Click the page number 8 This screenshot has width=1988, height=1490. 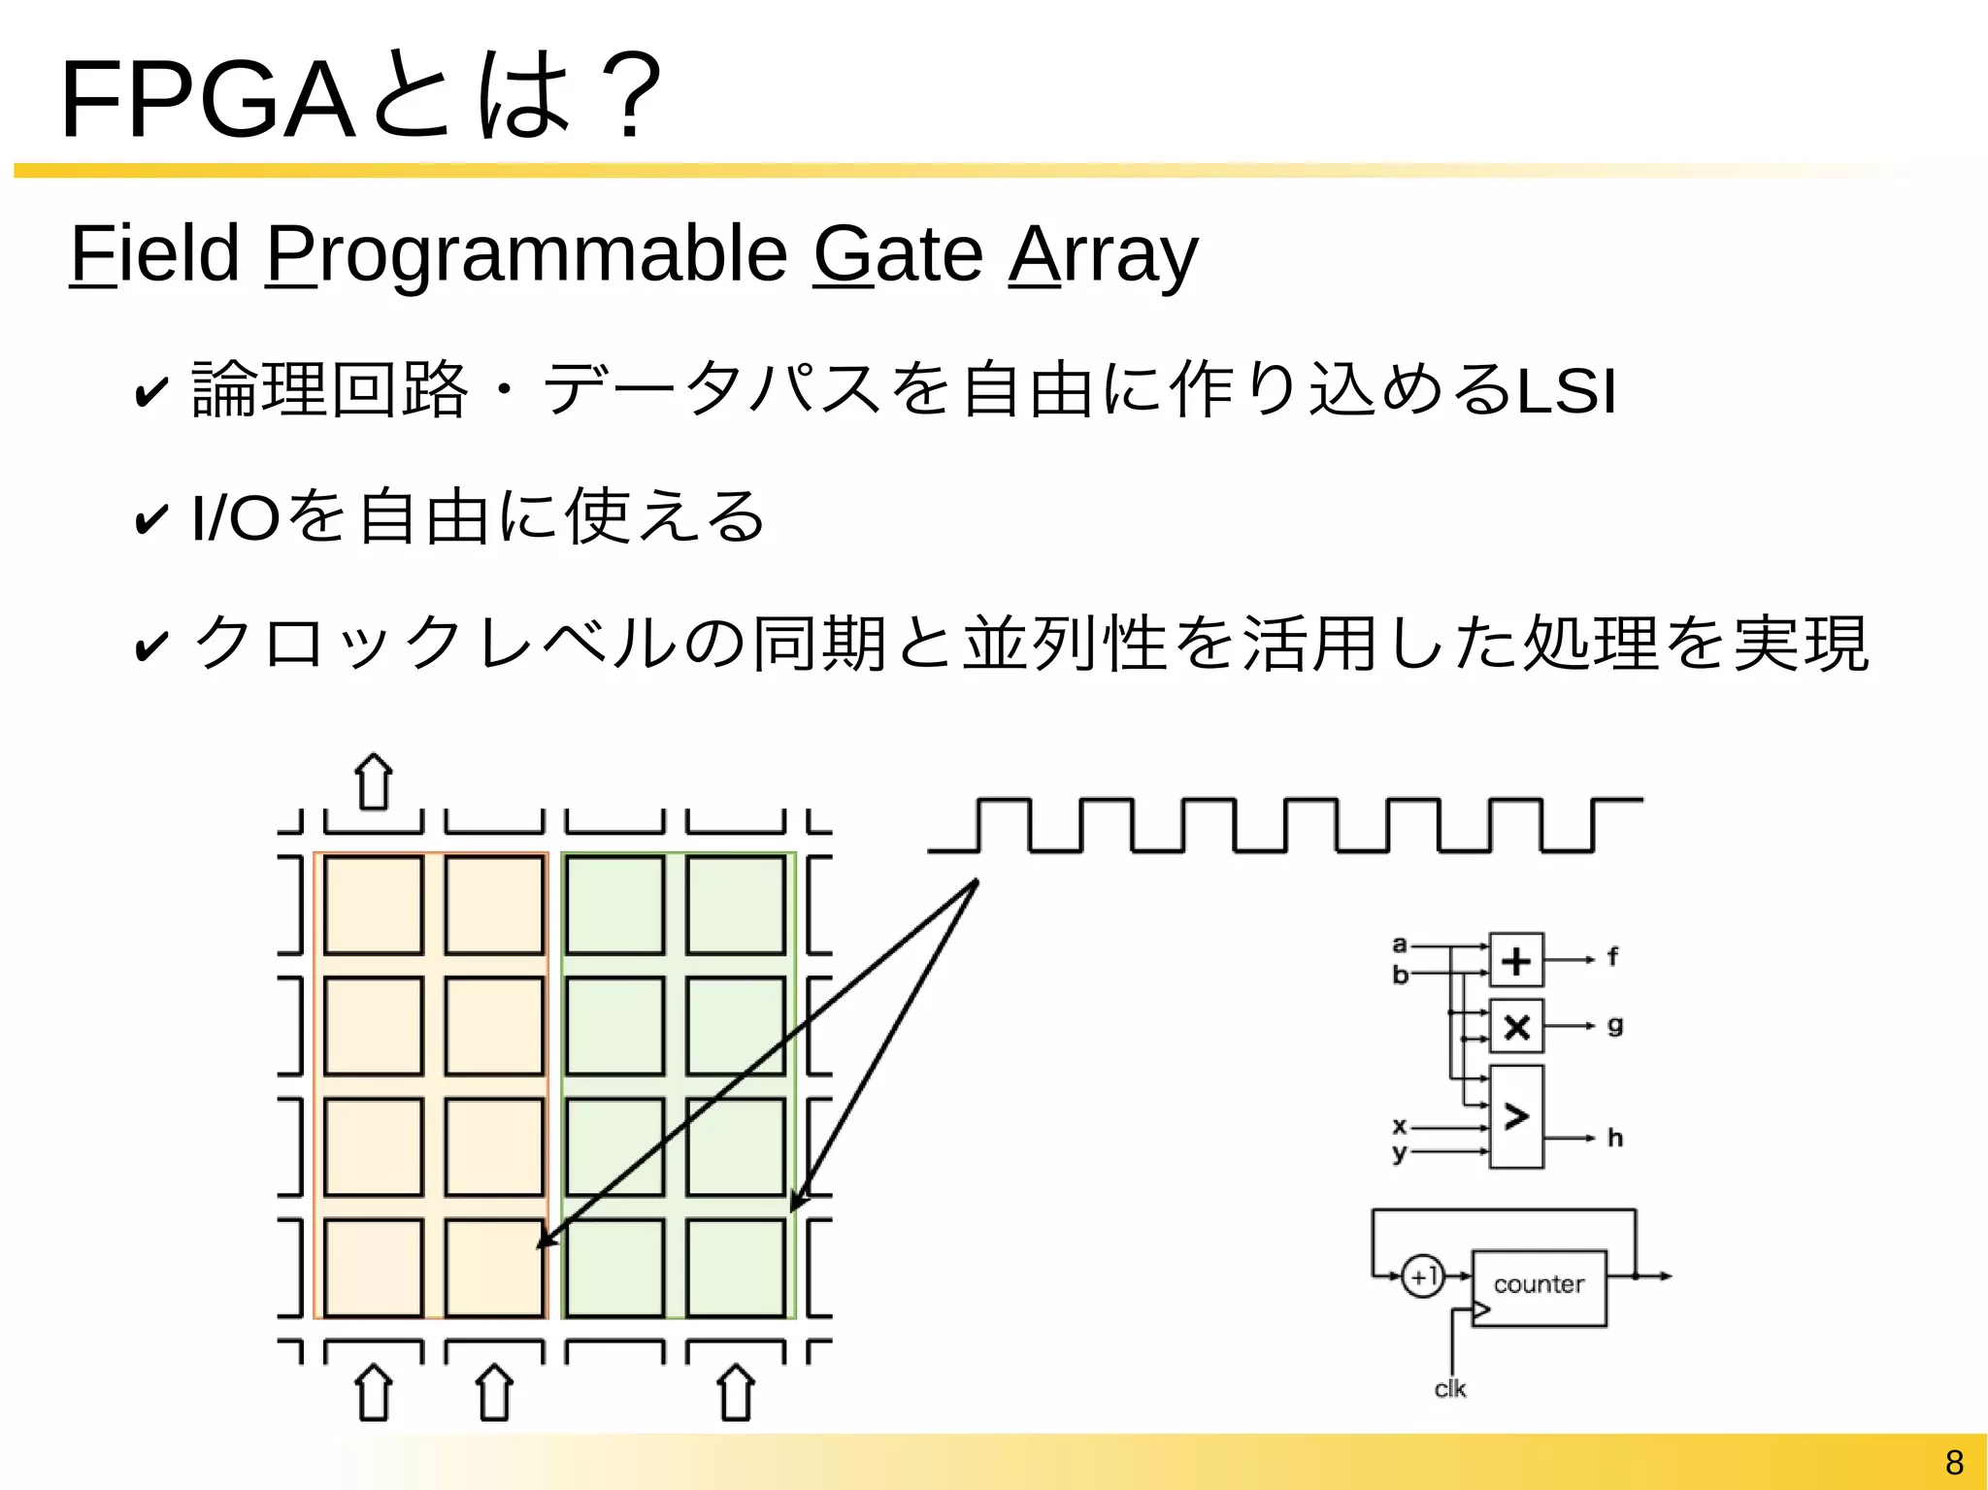[x=1954, y=1462]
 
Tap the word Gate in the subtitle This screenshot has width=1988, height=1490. [x=898, y=254]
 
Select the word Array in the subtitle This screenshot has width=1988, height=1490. [x=1104, y=254]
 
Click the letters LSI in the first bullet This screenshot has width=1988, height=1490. [x=1566, y=391]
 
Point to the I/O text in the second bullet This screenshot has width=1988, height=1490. [x=236, y=517]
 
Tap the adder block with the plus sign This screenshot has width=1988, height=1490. [x=1516, y=960]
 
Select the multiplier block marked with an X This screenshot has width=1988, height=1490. [x=1516, y=1026]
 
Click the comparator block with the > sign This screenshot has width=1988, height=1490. [x=1516, y=1116]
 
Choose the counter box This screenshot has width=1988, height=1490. [x=1539, y=1287]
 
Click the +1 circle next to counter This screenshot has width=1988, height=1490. [x=1423, y=1276]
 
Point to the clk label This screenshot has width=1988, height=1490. [x=1450, y=1389]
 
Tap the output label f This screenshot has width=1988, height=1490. [x=1612, y=957]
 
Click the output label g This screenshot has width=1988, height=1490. [x=1615, y=1025]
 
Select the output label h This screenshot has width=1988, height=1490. [x=1615, y=1138]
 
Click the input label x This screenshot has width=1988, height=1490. [x=1399, y=1126]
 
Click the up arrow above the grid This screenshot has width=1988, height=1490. [x=374, y=781]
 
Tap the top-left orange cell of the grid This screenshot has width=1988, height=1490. [x=374, y=905]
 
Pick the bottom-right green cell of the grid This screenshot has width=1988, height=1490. [x=736, y=1268]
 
